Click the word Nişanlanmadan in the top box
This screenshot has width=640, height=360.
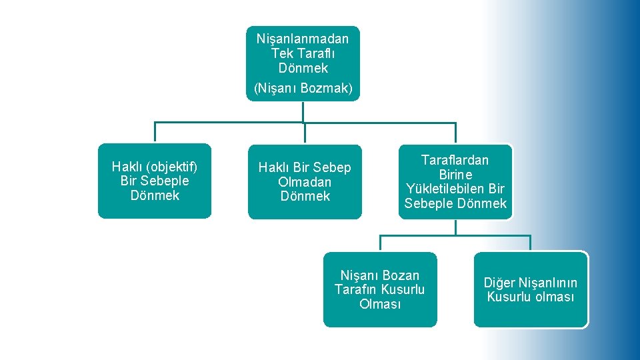pos(303,39)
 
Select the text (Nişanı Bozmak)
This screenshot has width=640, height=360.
pos(303,88)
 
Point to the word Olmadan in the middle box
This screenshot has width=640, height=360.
pos(305,182)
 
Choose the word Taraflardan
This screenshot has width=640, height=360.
pos(455,160)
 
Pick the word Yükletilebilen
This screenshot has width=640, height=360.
pos(440,189)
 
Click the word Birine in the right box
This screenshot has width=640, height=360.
pos(455,175)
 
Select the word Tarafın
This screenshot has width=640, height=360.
pos(355,289)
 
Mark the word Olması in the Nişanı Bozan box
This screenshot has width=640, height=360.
pos(380,304)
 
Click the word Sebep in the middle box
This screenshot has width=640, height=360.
pos(331,167)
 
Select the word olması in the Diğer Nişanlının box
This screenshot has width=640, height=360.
pos(554,297)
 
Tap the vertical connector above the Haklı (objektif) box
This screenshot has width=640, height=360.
pos(155,133)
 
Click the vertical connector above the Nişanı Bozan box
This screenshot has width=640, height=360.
pos(381,243)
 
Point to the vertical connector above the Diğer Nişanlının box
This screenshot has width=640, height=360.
pos(531,243)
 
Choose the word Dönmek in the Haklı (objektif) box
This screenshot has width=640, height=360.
pos(155,195)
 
